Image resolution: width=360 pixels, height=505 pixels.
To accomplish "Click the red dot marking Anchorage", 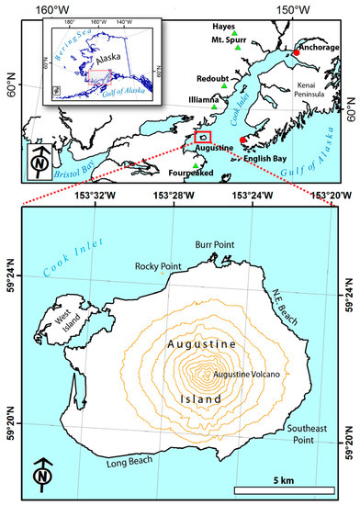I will [296, 53].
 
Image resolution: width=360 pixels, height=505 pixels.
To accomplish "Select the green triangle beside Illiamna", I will [214, 108].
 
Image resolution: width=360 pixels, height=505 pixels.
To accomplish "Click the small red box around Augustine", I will [205, 139].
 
